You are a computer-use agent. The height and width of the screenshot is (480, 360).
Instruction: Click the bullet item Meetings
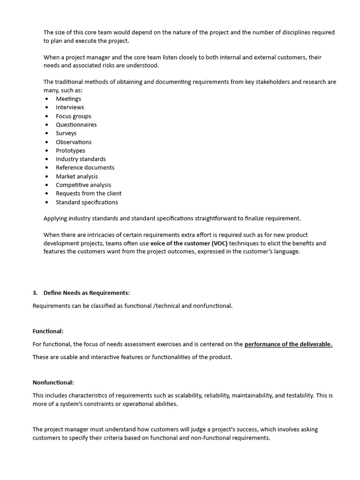click(x=68, y=99)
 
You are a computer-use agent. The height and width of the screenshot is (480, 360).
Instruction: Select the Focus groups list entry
click(x=74, y=116)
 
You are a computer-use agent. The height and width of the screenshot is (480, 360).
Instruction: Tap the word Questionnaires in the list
click(x=76, y=125)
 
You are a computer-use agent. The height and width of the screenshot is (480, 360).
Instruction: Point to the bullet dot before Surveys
click(x=47, y=134)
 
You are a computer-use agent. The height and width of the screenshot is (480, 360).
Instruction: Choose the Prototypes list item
click(x=71, y=150)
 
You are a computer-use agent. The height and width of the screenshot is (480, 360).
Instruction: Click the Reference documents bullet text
click(x=85, y=167)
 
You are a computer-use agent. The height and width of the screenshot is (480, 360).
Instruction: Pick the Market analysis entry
click(x=77, y=176)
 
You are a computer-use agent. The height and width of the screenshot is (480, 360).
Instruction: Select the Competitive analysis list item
click(x=83, y=185)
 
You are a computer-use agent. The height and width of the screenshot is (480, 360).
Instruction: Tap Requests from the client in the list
click(x=89, y=193)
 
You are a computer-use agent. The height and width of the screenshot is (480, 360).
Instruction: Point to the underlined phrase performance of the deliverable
click(x=288, y=344)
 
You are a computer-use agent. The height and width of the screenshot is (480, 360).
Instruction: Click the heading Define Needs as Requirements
click(x=87, y=293)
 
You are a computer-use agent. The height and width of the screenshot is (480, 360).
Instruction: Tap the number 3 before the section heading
click(x=35, y=293)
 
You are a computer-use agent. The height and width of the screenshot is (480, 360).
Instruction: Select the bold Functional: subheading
click(x=48, y=331)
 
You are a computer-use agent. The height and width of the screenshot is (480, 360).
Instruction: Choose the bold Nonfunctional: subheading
click(x=53, y=382)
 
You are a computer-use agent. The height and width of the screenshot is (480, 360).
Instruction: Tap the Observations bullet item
click(x=74, y=142)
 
